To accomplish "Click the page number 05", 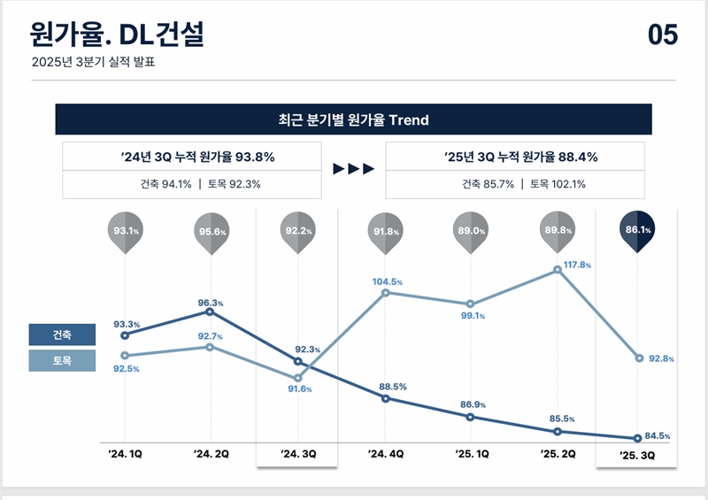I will [x=663, y=35].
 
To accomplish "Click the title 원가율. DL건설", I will [x=117, y=35].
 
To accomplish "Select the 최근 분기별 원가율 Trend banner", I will [x=353, y=119].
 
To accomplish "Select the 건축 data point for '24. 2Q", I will [x=210, y=312].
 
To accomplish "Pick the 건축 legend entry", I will [x=62, y=335].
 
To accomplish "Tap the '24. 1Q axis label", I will [x=124, y=454].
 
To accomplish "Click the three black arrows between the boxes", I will [x=353, y=169].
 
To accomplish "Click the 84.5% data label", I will [x=658, y=436].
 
